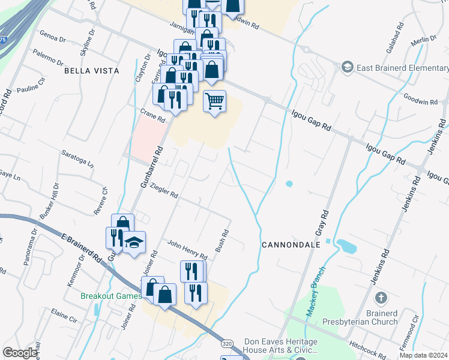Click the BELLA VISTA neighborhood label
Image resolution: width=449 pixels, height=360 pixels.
(x=92, y=71)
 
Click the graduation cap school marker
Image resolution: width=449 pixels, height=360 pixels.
(x=134, y=242)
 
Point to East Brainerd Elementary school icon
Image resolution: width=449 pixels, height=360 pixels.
(x=347, y=67)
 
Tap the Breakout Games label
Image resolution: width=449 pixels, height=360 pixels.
(x=112, y=295)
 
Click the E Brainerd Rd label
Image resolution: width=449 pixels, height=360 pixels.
(x=81, y=248)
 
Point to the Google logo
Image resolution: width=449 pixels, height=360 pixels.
(x=20, y=353)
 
